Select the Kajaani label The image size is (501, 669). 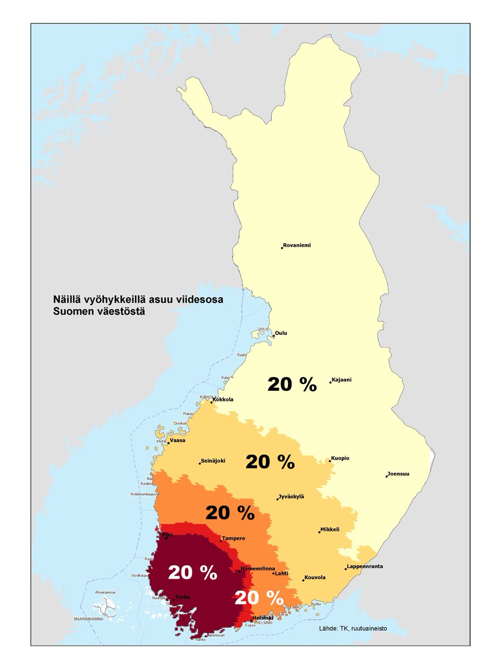pos(342,380)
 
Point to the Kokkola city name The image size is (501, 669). pos(223,400)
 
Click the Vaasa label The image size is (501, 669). pos(177,440)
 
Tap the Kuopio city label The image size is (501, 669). pos(340,458)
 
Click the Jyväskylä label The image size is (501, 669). pos(292,497)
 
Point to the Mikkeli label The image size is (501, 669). pos(330,530)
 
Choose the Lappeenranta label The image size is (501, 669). pos(365,566)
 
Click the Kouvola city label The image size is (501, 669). pos(315,578)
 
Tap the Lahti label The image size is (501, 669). pos(281,572)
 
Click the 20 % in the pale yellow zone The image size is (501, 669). pos(292,384)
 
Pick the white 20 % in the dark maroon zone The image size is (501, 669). pos(193,573)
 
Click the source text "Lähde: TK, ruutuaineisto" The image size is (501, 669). pos(353,628)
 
